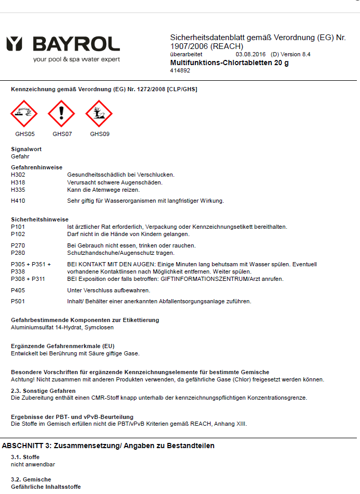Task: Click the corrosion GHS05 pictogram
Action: point(24,114)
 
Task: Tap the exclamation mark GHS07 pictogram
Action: point(61,114)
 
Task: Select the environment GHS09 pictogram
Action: point(99,114)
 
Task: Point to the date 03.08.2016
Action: point(251,54)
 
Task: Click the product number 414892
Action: point(180,71)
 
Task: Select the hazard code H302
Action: point(18,175)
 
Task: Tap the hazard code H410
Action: point(18,201)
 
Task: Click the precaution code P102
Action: point(18,234)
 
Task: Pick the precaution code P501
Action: point(18,301)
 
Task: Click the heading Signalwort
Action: point(26,149)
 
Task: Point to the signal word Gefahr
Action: point(20,156)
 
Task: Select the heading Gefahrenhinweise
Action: point(36,167)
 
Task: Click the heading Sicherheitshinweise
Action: point(40,219)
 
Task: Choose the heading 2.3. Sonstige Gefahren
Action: point(43,391)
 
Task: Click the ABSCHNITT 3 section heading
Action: point(108,446)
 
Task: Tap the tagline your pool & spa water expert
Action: point(76,59)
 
